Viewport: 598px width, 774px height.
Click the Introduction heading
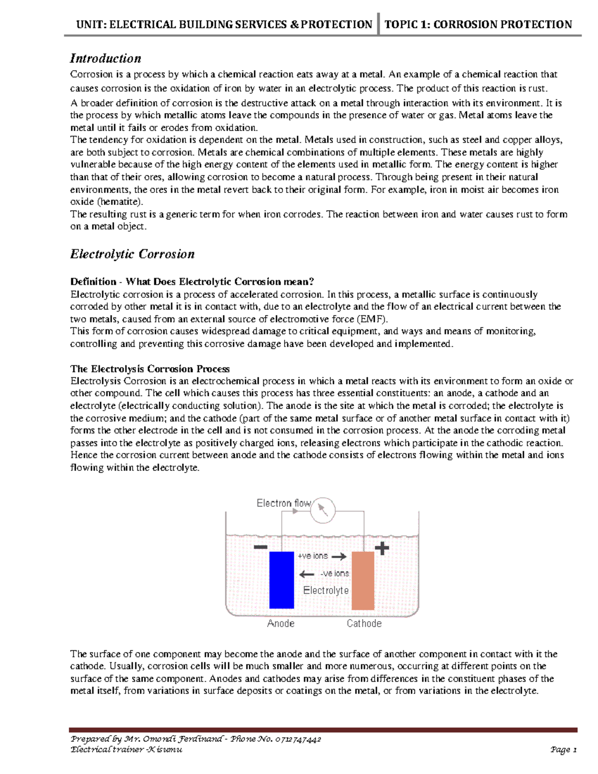point(105,59)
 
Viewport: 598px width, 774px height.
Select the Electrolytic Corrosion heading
point(132,254)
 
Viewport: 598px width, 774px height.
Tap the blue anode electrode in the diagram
point(282,580)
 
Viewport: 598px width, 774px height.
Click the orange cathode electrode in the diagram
point(363,581)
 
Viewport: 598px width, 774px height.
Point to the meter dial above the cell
point(323,510)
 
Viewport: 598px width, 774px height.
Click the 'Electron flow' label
point(283,503)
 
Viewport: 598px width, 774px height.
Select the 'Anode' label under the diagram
point(281,623)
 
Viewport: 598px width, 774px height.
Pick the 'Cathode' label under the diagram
point(364,623)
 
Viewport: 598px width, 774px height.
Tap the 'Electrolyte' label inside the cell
point(326,591)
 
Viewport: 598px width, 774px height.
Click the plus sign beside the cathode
point(382,549)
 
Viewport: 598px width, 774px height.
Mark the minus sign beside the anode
point(260,547)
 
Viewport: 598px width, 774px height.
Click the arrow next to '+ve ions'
point(339,557)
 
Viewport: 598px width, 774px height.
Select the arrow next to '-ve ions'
point(306,574)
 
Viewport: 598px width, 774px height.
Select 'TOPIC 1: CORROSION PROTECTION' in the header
point(478,24)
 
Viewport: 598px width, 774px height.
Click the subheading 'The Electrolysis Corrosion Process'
point(150,369)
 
